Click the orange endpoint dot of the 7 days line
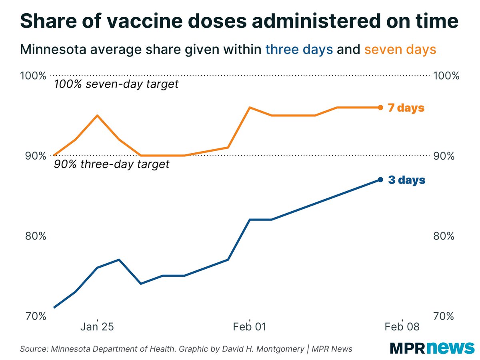click(380, 107)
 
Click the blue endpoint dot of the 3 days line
click(380, 180)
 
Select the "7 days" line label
click(406, 108)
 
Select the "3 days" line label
click(406, 180)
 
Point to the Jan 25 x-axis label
click(97, 327)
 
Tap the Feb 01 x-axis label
click(250, 327)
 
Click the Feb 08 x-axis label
click(402, 327)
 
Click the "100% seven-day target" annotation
click(116, 85)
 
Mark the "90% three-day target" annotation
click(111, 164)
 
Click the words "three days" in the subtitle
click(299, 50)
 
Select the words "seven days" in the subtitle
click(400, 50)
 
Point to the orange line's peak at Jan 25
click(97, 116)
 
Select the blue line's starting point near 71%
click(54, 308)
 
